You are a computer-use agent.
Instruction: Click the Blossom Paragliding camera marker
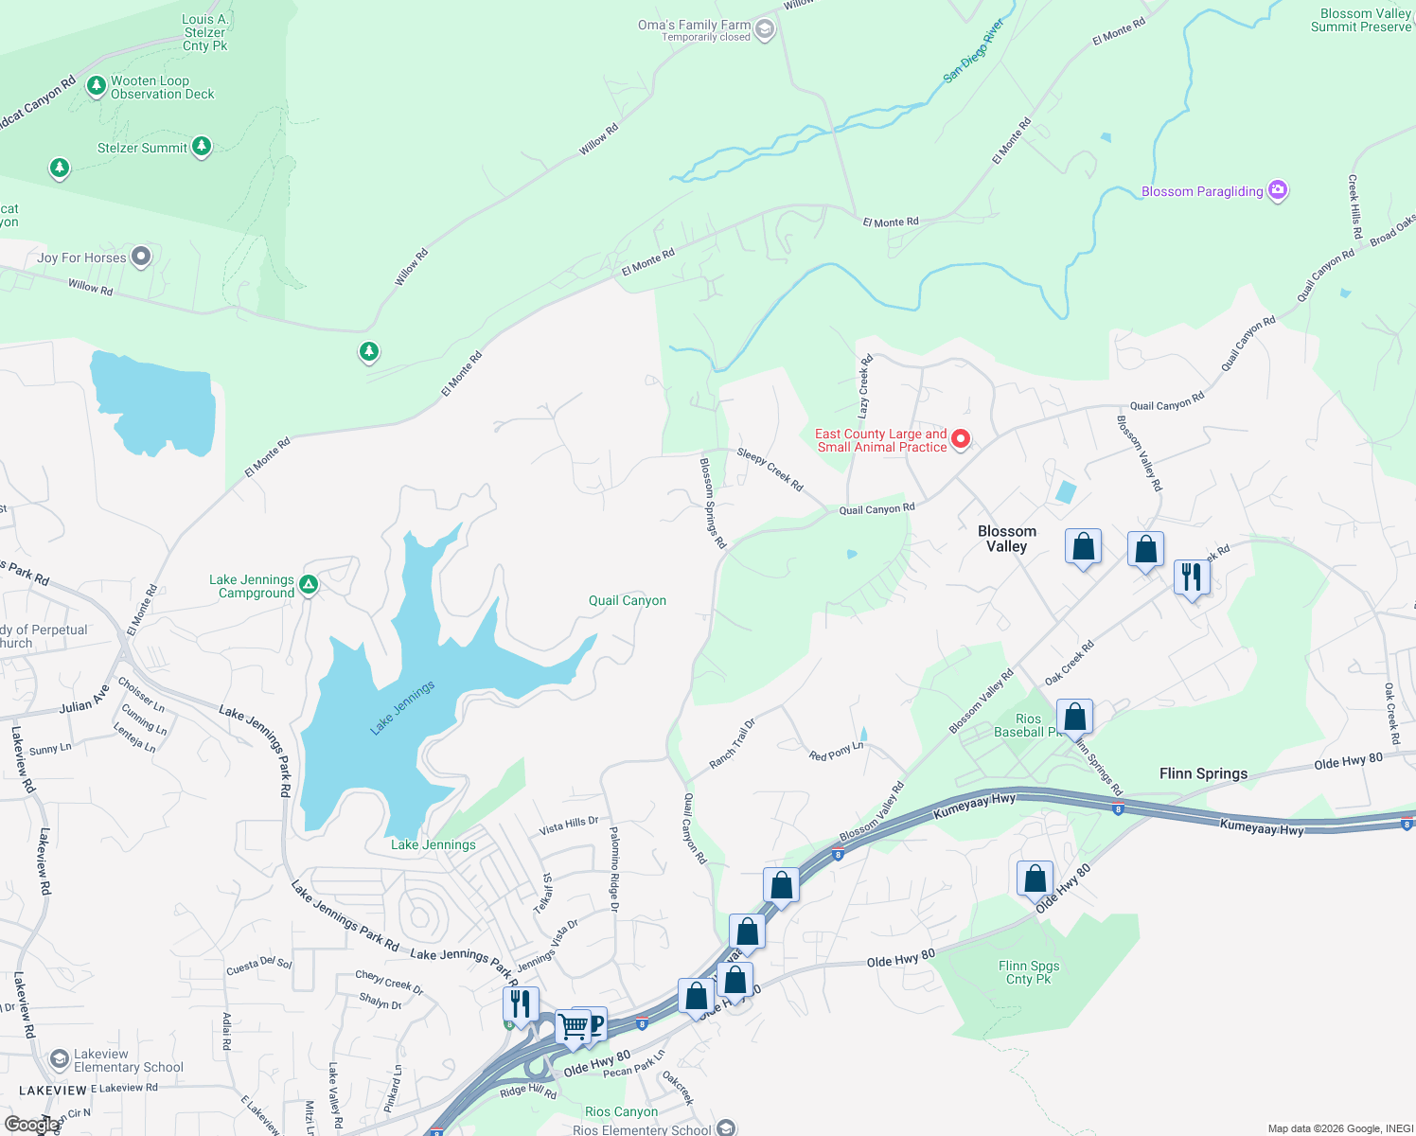(1278, 190)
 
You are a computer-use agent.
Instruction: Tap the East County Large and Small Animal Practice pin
(961, 439)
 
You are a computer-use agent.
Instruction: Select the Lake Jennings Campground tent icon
(309, 585)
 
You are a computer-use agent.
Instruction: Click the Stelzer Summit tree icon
(201, 146)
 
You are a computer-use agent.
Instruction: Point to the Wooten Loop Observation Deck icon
(96, 86)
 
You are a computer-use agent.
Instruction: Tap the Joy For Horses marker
(141, 257)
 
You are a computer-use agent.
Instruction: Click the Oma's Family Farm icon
(765, 29)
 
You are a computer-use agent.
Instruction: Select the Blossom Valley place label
(1006, 539)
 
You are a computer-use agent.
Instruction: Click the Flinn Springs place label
(1203, 773)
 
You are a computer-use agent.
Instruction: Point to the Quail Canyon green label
(627, 600)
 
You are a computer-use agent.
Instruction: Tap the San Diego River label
(973, 51)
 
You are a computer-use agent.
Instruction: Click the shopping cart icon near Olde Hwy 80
(572, 1025)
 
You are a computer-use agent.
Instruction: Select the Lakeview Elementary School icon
(60, 1058)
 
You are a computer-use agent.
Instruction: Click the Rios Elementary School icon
(725, 1127)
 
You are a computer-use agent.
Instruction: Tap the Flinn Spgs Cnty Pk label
(1029, 972)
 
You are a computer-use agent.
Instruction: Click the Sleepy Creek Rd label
(770, 470)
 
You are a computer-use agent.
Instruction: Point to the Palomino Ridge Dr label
(614, 868)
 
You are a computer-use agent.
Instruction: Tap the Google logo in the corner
(30, 1124)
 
